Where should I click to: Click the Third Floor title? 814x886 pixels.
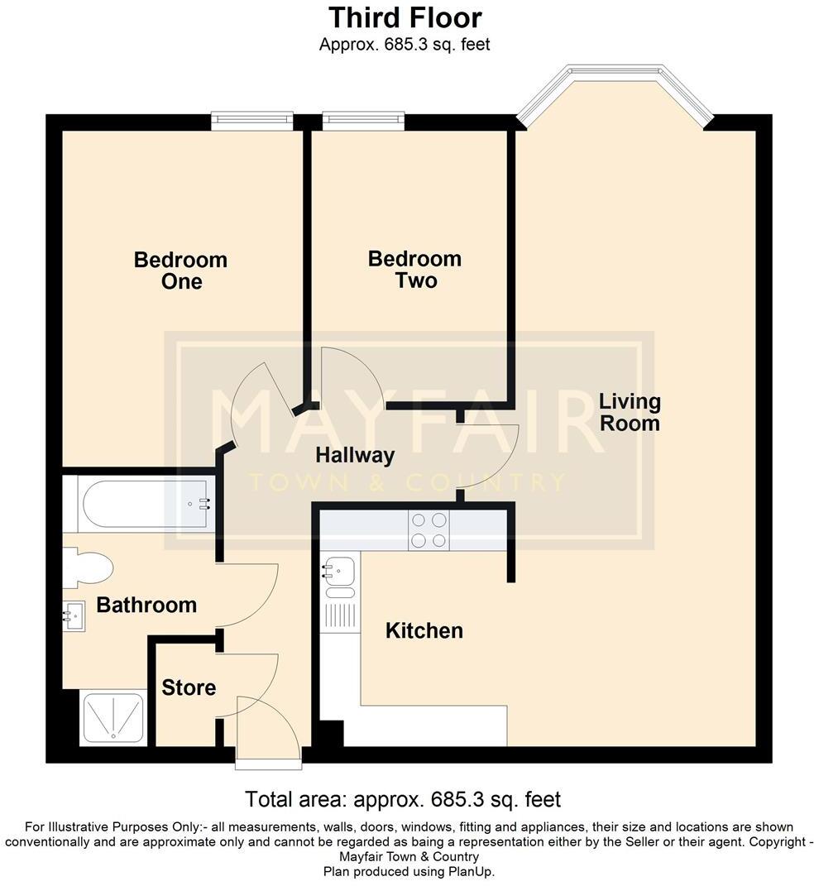tap(405, 17)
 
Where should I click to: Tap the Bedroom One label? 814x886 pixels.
tap(180, 271)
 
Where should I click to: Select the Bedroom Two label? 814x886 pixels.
tap(414, 270)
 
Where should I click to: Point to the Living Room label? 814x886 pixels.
tap(630, 412)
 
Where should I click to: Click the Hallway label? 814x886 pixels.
tap(355, 455)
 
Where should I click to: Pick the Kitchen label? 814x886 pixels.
tap(424, 631)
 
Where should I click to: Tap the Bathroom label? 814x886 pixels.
tap(146, 605)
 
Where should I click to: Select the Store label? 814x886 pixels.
tap(189, 687)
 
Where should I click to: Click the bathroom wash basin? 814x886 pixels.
tap(75, 615)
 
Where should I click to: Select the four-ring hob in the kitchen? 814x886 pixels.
tap(429, 530)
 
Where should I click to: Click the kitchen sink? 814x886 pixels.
tap(339, 571)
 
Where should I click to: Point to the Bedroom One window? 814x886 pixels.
tap(251, 122)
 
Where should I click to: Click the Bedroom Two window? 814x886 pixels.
tap(364, 122)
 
